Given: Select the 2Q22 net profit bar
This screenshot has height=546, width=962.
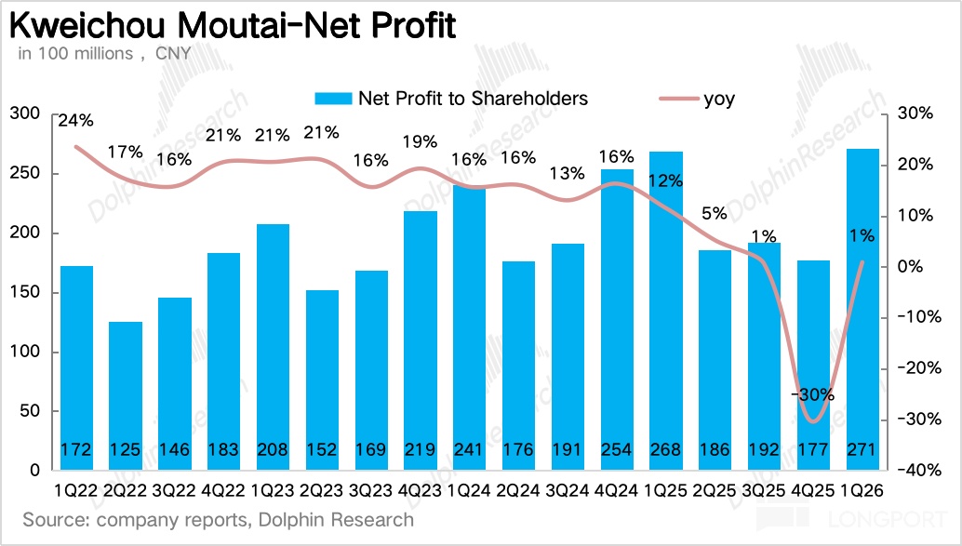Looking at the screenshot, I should tap(125, 395).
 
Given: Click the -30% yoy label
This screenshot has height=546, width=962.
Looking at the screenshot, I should tap(814, 393).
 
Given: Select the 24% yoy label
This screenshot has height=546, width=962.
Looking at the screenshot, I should tap(74, 121).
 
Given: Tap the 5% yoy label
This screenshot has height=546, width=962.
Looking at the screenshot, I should tap(715, 213).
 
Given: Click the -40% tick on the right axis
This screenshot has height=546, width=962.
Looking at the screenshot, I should tap(923, 470).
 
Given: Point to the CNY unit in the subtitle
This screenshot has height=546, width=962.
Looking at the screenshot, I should tap(173, 54).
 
